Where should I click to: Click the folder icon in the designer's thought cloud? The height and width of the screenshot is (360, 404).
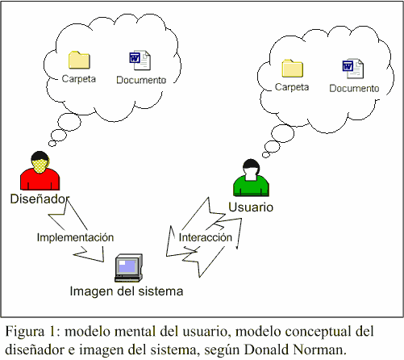click(79, 60)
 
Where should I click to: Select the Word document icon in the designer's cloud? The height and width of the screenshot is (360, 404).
click(140, 60)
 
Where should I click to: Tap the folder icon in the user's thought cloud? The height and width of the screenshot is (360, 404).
click(293, 69)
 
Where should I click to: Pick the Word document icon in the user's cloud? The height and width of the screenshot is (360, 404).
click(353, 69)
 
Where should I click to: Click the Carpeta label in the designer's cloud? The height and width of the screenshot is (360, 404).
click(79, 79)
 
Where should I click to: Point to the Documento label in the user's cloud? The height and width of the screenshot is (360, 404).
click(354, 88)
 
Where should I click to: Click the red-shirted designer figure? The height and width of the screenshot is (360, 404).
click(40, 170)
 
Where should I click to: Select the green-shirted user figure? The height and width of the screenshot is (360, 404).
click(251, 178)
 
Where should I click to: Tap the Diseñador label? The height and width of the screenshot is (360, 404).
click(40, 199)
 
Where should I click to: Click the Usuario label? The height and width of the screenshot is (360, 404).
click(251, 207)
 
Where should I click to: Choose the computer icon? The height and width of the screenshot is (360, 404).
click(129, 268)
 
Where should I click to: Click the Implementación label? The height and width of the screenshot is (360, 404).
click(75, 237)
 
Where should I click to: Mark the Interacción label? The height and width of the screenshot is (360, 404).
click(206, 237)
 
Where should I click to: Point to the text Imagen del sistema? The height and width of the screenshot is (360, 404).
click(127, 291)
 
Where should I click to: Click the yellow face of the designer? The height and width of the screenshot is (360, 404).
click(40, 165)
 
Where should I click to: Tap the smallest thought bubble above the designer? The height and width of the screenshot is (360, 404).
click(52, 143)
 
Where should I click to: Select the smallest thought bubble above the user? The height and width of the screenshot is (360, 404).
click(266, 154)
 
